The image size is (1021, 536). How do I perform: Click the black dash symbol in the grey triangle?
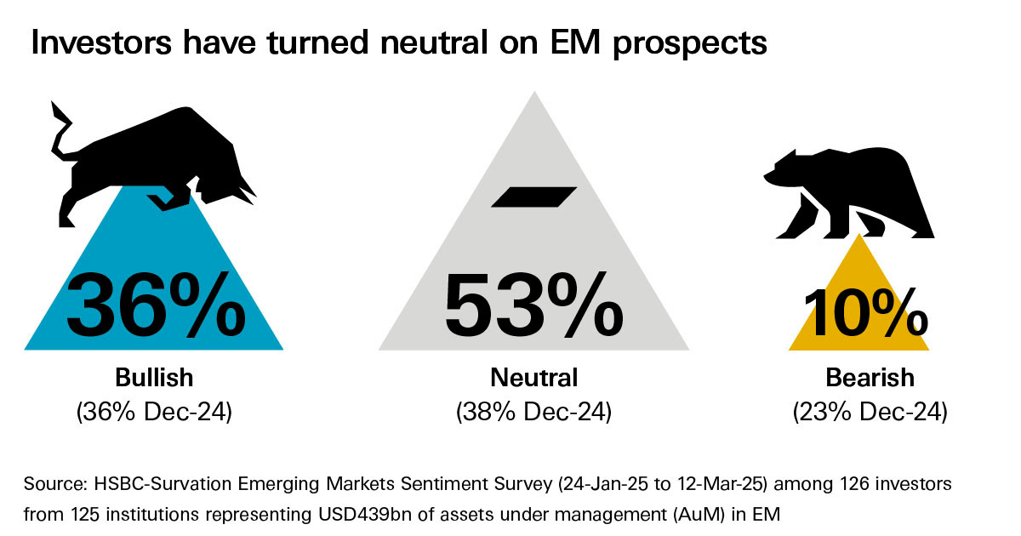coord(533,197)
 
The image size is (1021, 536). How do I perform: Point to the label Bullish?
coord(154,377)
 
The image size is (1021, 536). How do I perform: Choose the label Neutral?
coord(533,377)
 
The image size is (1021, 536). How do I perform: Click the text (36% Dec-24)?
coord(154,412)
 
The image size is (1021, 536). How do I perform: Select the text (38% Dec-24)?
coord(533,412)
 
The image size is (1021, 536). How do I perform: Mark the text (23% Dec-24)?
coord(869,412)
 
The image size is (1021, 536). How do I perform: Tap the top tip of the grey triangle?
coord(533,94)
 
